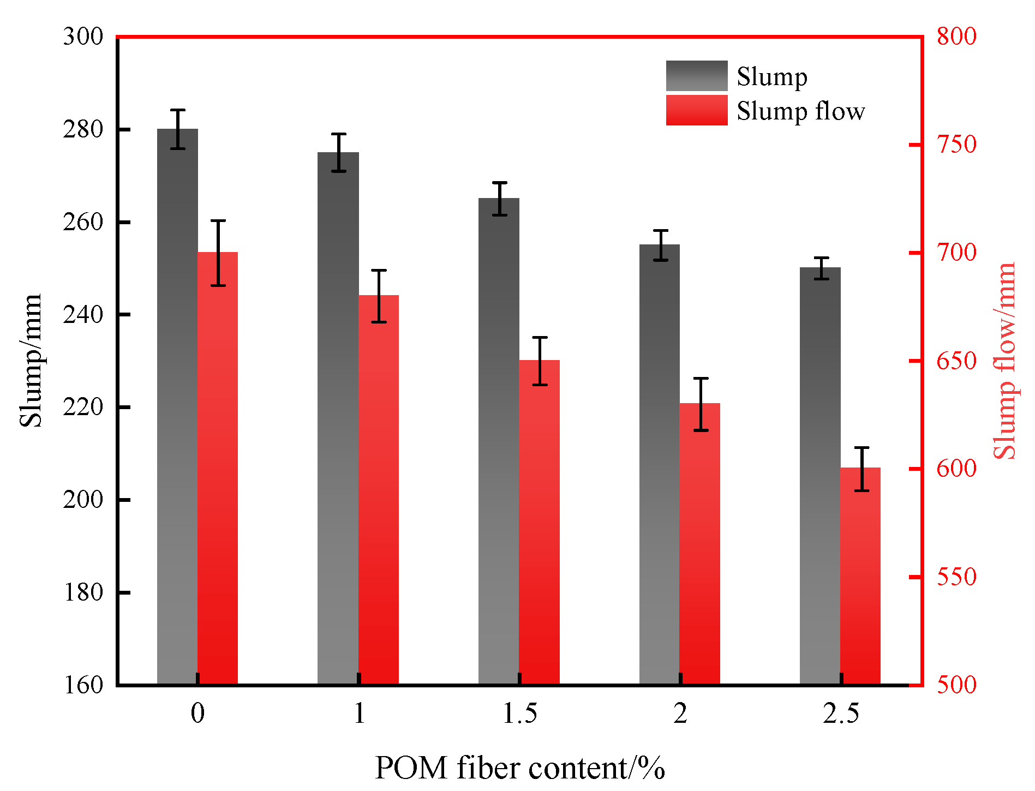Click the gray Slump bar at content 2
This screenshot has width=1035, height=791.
660,464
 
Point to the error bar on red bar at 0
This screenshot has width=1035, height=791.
218,253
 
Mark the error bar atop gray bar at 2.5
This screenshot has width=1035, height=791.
821,268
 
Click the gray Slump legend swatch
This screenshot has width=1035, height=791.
696,76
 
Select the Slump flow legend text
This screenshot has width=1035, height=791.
800,111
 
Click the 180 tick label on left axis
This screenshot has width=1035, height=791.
83,592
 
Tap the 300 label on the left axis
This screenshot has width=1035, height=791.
83,37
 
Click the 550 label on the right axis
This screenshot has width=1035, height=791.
956,577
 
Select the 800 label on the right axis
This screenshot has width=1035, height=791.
956,37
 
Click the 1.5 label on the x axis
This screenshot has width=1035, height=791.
519,714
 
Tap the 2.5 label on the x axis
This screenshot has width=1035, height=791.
841,714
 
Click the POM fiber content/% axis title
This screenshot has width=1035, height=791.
519,768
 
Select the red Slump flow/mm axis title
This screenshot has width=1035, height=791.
1004,360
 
